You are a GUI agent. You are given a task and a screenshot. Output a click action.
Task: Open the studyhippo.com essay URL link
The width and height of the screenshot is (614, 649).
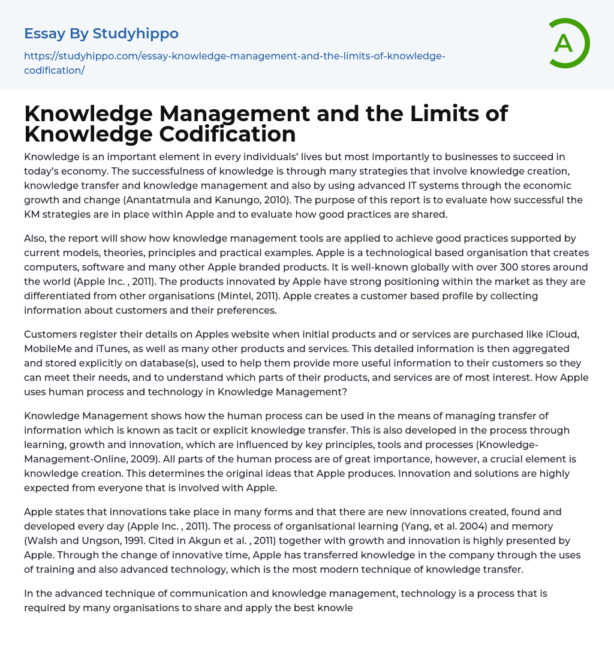(x=234, y=63)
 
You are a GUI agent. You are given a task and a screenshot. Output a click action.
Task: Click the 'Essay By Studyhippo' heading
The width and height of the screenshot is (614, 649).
(x=101, y=33)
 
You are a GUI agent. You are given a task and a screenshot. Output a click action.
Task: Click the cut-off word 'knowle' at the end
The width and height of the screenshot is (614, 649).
(x=335, y=608)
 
